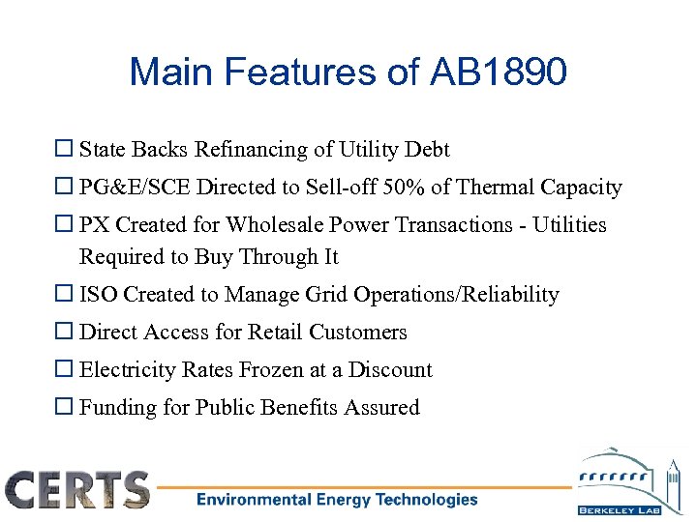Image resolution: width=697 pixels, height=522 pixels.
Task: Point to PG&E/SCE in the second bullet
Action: point(128,188)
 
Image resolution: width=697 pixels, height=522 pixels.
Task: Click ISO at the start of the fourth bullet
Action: point(97,295)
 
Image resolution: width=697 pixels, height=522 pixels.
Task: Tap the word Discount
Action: point(390,370)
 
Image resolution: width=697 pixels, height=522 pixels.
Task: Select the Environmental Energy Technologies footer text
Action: point(337,500)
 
